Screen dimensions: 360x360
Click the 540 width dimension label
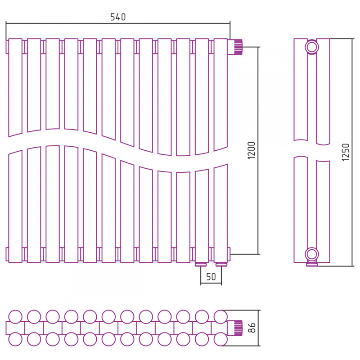click(x=118, y=17)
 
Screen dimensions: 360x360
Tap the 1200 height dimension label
click(x=252, y=150)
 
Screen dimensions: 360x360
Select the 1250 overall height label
click(x=346, y=152)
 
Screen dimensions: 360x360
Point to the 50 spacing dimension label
click(x=211, y=277)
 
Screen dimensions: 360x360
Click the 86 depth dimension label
click(x=252, y=328)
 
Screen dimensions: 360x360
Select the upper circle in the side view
click(x=312, y=47)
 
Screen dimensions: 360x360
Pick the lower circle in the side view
click(x=312, y=254)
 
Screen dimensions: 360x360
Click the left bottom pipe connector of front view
click(x=201, y=265)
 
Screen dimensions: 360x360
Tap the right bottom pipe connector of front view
click(x=221, y=265)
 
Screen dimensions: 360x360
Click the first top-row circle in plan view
click(x=15, y=317)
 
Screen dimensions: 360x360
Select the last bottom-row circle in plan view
click(x=220, y=339)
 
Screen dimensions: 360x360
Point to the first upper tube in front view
click(x=15, y=87)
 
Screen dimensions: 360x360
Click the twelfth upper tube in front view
click(x=220, y=94)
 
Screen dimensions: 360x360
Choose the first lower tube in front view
click(x=15, y=207)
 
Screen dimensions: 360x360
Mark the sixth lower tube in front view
click(x=108, y=208)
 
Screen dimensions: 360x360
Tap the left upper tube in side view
click(x=301, y=90)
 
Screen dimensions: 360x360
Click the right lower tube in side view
click(x=323, y=211)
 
